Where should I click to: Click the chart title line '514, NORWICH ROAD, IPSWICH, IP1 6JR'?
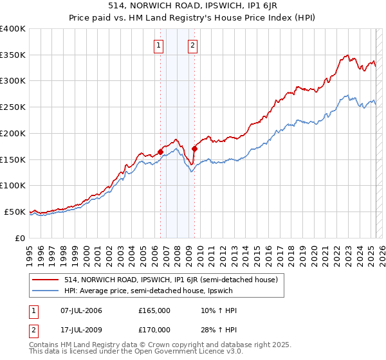[x=193, y=6]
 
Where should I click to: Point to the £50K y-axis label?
[x=15, y=212]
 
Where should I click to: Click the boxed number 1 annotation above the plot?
[x=158, y=45]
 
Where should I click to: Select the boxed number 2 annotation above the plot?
[x=192, y=45]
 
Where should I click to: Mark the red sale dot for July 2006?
[x=160, y=152]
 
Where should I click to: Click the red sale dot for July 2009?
[x=194, y=149]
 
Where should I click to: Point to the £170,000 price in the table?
[x=154, y=330]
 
